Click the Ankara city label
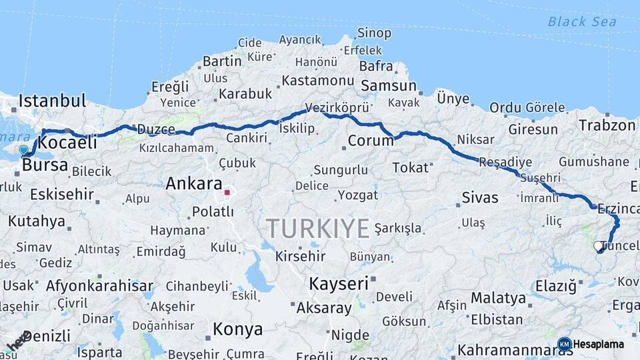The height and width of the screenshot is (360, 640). pos(194,183)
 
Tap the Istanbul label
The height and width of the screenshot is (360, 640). pos(53,102)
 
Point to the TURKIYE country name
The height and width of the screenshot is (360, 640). pos(318,229)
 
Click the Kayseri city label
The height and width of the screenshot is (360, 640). pos(339,283)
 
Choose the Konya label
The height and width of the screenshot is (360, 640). pos(237,329)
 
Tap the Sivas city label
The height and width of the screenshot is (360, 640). pos(480,197)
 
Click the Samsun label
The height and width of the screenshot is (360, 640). pos(389,86)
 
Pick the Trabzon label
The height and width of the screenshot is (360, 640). pos(607,125)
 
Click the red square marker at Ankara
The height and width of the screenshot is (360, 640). pos(227,192)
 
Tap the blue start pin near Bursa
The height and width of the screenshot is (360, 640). pos(24,151)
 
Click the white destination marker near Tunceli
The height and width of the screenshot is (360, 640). pos(598,246)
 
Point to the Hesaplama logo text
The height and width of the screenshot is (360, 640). pos(599,345)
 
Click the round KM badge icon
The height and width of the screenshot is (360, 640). pos(564,345)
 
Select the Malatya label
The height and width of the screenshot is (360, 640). pos(499,297)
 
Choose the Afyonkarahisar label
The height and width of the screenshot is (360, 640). pos(99,286)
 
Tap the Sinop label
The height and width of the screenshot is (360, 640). pos(375,33)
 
